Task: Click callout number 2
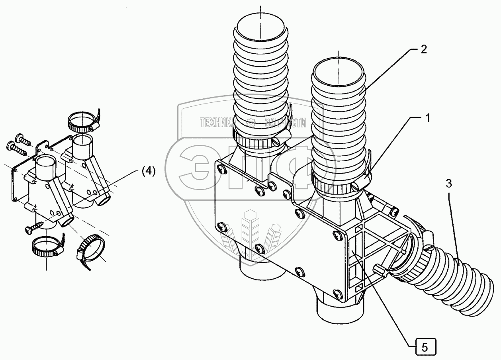[423, 50]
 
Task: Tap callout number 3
[448, 184]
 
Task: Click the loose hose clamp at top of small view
[82, 120]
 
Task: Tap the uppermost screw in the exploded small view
[22, 139]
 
